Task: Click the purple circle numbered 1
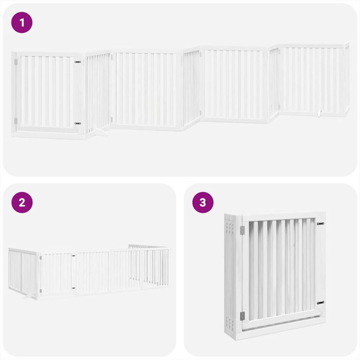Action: pos(22,22)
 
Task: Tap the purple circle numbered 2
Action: pos(22,202)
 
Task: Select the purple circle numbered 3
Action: pos(203,202)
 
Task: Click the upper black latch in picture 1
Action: pos(78,62)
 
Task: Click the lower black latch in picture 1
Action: pos(78,123)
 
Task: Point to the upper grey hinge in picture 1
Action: pos(16,61)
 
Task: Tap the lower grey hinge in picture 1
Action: pos(16,121)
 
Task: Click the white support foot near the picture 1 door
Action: pos(100,133)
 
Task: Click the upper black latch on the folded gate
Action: pos(320,223)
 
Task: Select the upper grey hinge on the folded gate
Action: pos(242,230)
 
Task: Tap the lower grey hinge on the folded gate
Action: pos(242,316)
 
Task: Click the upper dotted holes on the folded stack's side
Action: pos(231,228)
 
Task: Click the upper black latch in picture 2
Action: pos(73,256)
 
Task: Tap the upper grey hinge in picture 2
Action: pos(40,257)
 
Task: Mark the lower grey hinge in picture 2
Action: pos(40,290)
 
